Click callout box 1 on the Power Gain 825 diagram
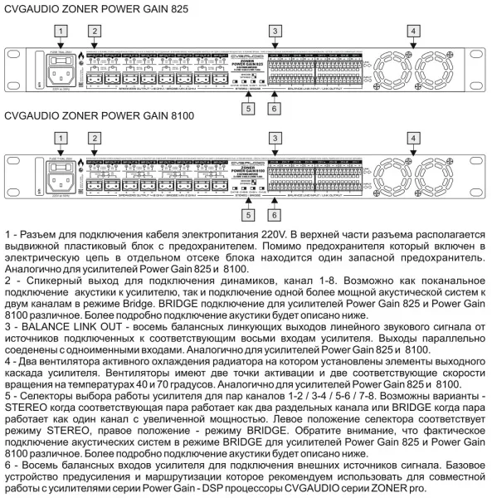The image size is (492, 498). [x=59, y=31]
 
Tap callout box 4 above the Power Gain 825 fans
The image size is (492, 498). [x=412, y=31]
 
